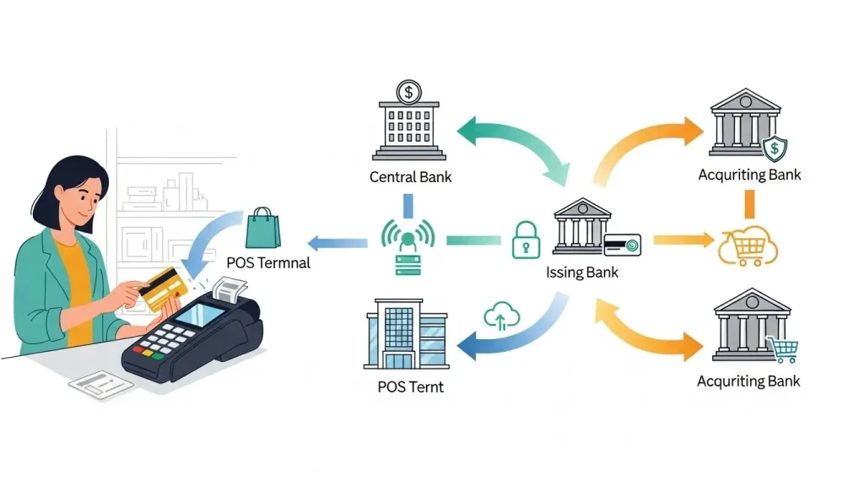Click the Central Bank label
(x=410, y=177)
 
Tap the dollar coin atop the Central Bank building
(x=409, y=90)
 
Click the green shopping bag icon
(x=262, y=229)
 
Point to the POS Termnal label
(x=268, y=262)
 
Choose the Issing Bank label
(x=582, y=272)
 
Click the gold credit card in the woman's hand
(x=161, y=287)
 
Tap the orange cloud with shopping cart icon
(x=747, y=246)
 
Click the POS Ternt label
(x=411, y=387)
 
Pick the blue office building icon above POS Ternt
(x=405, y=337)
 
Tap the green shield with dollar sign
(x=775, y=150)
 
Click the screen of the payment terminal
(x=201, y=316)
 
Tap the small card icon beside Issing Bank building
(x=623, y=245)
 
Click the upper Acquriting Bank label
(x=749, y=175)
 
